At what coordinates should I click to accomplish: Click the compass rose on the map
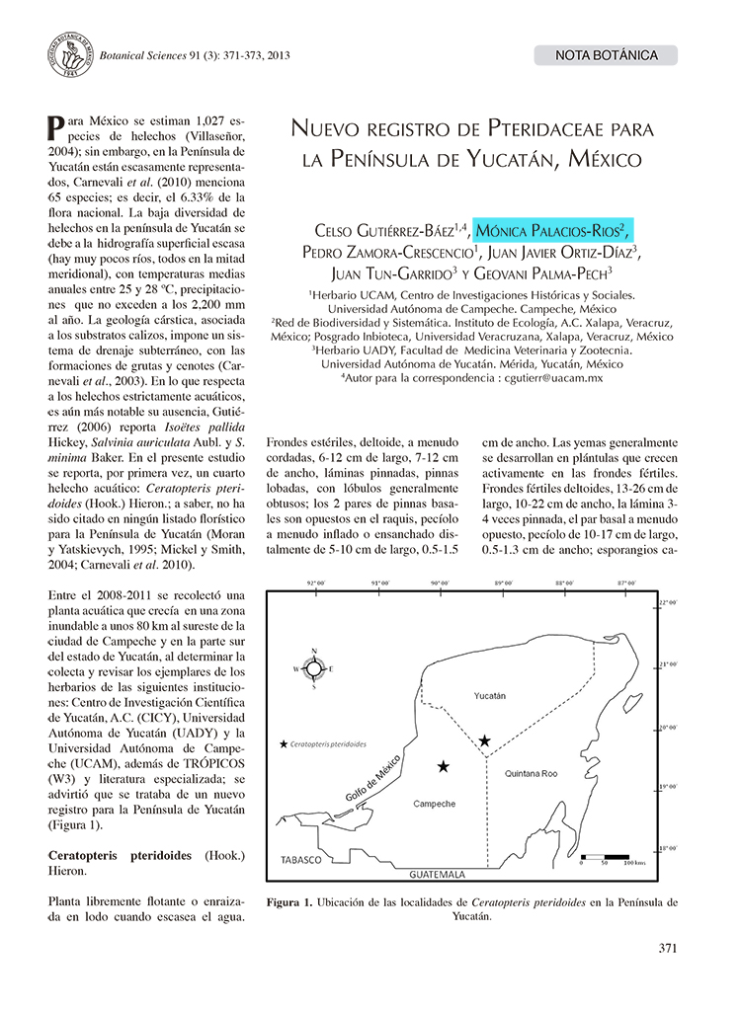[313, 668]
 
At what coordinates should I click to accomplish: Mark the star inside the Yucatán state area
[484, 739]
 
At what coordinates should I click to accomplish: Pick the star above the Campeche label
[444, 765]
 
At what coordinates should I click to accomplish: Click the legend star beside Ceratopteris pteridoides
[286, 743]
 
